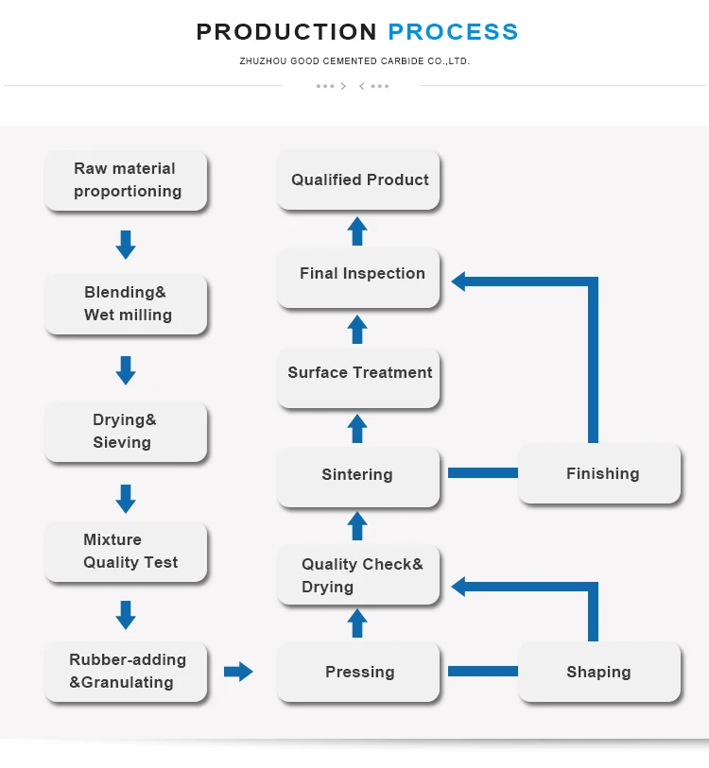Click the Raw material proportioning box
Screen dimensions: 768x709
pyautogui.click(x=126, y=179)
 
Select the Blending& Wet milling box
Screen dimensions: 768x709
pyautogui.click(x=126, y=303)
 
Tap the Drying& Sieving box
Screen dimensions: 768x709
pyautogui.click(x=126, y=431)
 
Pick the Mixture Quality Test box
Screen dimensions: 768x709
pyautogui.click(x=126, y=551)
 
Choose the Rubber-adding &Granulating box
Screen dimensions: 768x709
pyautogui.click(x=126, y=671)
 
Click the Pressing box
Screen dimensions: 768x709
pyautogui.click(x=358, y=672)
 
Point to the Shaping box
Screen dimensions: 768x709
pyautogui.click(x=598, y=672)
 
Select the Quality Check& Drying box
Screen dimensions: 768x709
pyautogui.click(x=358, y=575)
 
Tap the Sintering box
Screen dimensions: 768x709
pyautogui.click(x=358, y=475)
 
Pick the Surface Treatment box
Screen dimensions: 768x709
pyautogui.click(x=358, y=373)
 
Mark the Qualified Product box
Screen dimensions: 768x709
pyautogui.click(x=358, y=179)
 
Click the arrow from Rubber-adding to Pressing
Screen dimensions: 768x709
pyautogui.click(x=238, y=672)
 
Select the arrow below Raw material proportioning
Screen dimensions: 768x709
pyautogui.click(x=126, y=245)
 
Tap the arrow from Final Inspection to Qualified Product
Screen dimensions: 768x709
pyautogui.click(x=357, y=230)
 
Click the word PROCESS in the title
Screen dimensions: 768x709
pyautogui.click(x=453, y=31)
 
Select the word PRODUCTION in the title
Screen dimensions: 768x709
pyautogui.click(x=286, y=31)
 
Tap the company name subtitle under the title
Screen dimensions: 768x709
pyautogui.click(x=354, y=61)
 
